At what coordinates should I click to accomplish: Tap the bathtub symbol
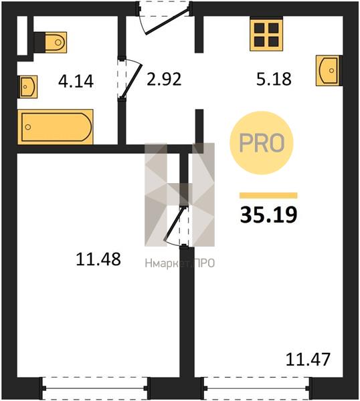click(x=56, y=127)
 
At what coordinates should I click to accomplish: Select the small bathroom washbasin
click(x=27, y=87)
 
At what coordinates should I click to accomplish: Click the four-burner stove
click(x=266, y=35)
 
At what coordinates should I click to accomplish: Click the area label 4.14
click(x=76, y=82)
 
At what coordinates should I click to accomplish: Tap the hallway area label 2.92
click(x=164, y=79)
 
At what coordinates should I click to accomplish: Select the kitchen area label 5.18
click(x=274, y=79)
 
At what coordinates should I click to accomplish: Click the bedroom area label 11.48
click(x=98, y=259)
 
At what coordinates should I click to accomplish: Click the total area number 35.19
click(x=268, y=215)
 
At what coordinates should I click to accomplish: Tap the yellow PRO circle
click(x=262, y=143)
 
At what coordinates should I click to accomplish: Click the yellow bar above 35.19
click(x=268, y=196)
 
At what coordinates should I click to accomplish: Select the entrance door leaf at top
click(x=168, y=21)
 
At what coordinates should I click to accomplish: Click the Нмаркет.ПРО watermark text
click(x=180, y=263)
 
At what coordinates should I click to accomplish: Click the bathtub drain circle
click(x=28, y=127)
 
